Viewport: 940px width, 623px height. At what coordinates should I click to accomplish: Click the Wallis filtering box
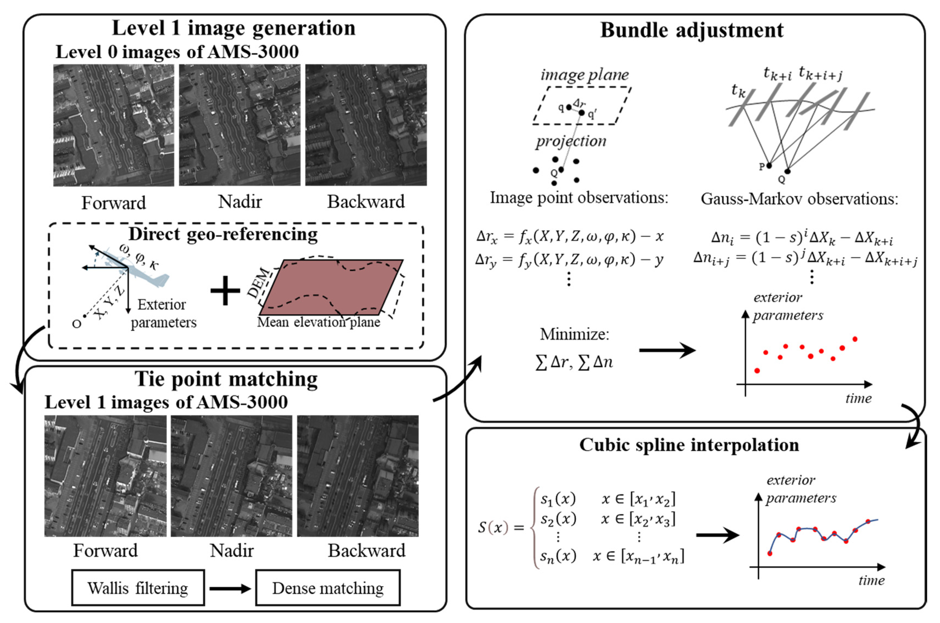[x=138, y=588]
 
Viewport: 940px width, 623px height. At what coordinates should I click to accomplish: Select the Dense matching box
[x=328, y=588]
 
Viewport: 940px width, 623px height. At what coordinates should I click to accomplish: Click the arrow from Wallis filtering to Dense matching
[x=230, y=588]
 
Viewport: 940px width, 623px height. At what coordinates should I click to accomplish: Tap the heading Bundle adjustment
[x=692, y=30]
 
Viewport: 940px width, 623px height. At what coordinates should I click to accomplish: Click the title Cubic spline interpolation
[x=689, y=445]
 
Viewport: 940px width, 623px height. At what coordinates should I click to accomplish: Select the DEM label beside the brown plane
[x=259, y=283]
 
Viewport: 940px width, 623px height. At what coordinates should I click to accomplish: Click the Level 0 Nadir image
[x=240, y=125]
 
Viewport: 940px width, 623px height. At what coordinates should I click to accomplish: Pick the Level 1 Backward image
[x=357, y=476]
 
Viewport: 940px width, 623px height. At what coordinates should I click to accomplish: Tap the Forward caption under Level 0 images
[x=114, y=203]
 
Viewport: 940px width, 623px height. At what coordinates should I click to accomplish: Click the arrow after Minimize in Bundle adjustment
[x=667, y=350]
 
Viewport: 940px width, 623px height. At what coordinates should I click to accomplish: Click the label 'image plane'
[x=584, y=74]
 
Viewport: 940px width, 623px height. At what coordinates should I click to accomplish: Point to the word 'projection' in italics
[x=571, y=141]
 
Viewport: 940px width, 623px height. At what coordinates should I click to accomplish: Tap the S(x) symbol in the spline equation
[x=493, y=527]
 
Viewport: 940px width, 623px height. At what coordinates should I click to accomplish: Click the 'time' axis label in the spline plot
[x=871, y=580]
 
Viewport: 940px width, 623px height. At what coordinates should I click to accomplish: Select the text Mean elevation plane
[x=318, y=322]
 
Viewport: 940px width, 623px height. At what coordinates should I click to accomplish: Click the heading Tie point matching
[x=226, y=379]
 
